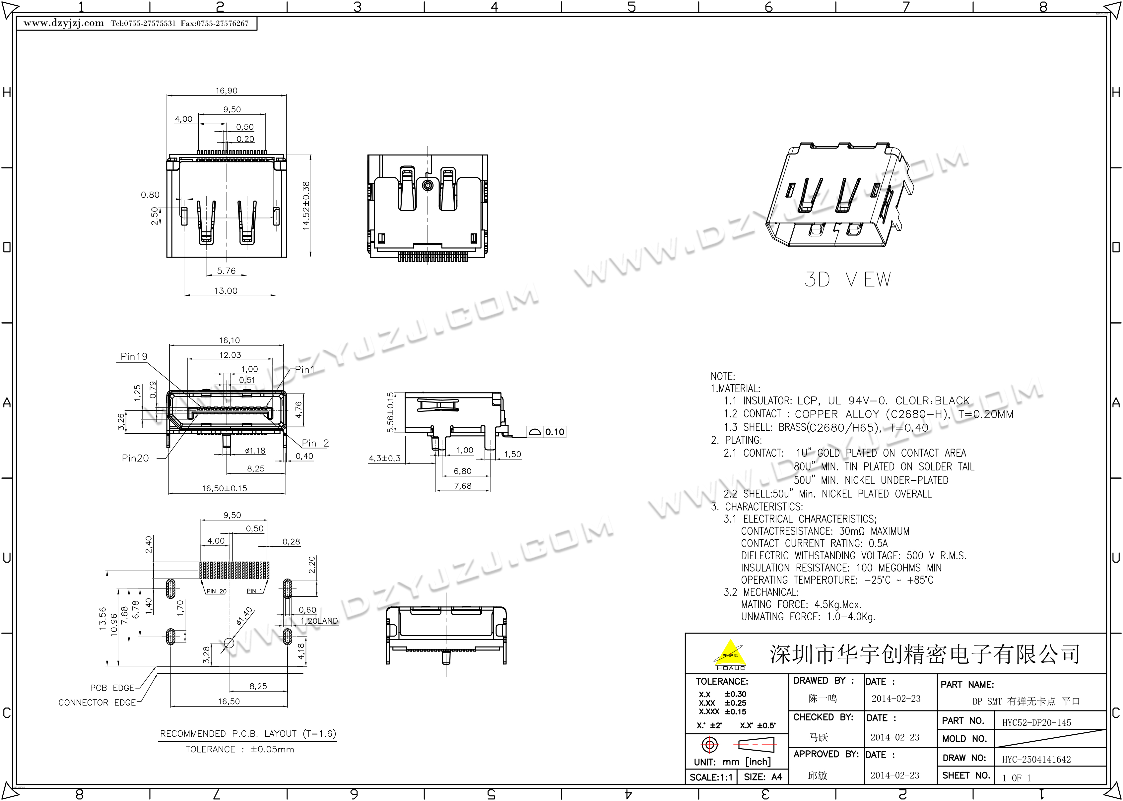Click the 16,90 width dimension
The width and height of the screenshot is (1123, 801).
227,91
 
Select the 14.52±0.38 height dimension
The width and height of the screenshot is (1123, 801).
306,206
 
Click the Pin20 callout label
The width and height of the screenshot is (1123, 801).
135,458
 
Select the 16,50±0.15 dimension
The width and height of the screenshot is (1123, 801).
225,488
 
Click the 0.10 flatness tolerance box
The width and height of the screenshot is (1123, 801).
546,432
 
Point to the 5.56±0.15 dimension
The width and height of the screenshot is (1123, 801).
391,412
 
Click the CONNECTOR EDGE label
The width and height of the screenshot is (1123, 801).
97,702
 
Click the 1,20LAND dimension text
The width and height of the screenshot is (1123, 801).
319,621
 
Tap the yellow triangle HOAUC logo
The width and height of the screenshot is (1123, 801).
730,654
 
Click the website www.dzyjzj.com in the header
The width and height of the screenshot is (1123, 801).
64,23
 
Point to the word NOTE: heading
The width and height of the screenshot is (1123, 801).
723,376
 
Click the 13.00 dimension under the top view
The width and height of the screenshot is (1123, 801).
226,290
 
